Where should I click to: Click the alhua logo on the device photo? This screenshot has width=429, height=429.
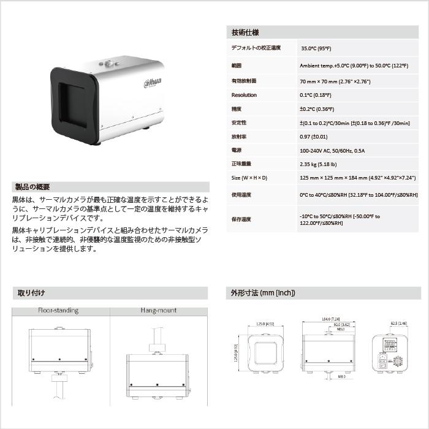click(x=153, y=83)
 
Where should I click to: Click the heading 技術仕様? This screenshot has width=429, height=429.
click(x=245, y=32)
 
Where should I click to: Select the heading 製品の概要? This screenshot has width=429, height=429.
click(x=32, y=187)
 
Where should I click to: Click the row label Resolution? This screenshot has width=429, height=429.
click(x=244, y=95)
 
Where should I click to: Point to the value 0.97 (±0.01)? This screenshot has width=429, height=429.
click(x=314, y=137)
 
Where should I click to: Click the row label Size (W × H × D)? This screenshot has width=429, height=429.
click(x=249, y=178)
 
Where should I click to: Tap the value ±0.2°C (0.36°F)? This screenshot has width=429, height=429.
click(x=317, y=109)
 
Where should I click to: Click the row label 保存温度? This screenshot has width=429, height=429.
click(x=241, y=219)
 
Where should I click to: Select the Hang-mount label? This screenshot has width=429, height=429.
click(x=158, y=310)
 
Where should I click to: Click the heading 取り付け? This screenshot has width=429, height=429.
click(x=31, y=293)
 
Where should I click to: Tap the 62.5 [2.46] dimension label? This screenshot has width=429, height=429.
click(x=398, y=323)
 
